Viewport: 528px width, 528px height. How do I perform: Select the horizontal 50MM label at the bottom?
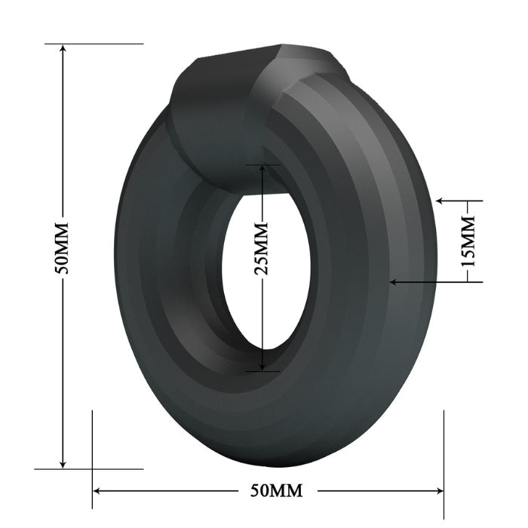pos(276,490)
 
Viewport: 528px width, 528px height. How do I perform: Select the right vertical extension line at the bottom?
pos(444,453)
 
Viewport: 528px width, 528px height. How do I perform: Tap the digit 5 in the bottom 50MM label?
pos(256,490)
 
